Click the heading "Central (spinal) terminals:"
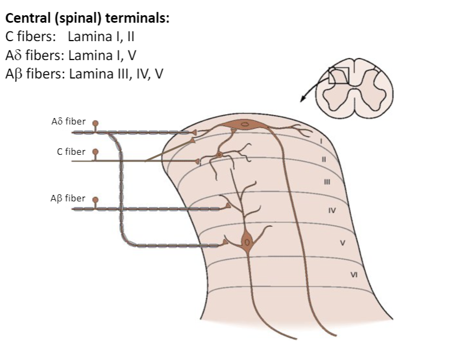(87, 18)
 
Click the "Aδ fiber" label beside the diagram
(68, 121)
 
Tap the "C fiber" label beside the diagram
(71, 152)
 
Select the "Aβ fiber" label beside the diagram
(68, 198)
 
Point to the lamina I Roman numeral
(321, 141)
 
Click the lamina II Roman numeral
(324, 160)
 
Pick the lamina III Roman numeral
(327, 182)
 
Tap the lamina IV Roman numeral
(332, 210)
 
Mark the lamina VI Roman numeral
(354, 274)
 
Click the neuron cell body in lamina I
(245, 125)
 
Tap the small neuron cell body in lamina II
(219, 155)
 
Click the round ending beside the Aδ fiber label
(95, 123)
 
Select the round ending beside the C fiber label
(95, 153)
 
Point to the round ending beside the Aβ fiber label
(95, 200)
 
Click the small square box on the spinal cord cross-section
(339, 75)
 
